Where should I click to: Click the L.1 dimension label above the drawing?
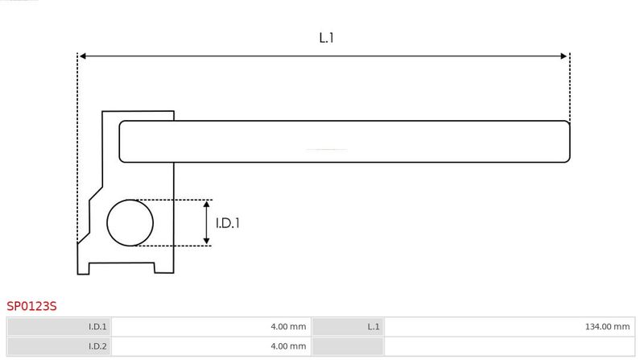tap(326, 38)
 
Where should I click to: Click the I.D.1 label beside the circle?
tap(228, 223)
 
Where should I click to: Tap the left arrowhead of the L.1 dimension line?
tap(82, 56)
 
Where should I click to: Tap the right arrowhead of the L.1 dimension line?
tap(563, 56)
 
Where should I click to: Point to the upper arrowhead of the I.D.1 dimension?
tap(207, 205)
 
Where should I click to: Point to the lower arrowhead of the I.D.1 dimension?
tap(207, 242)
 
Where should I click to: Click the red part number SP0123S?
tap(31, 306)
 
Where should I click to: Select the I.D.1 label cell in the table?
tap(59, 327)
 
